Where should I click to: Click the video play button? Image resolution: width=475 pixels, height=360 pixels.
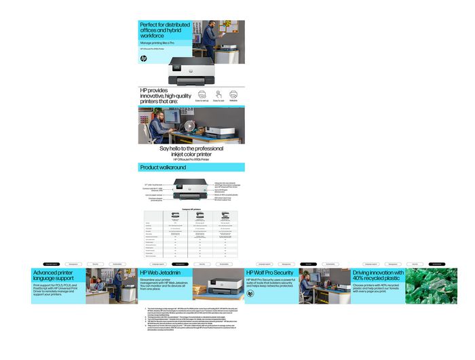pyautogui.click(x=189, y=125)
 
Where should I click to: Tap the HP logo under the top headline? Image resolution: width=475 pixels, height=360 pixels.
pyautogui.click(x=143, y=59)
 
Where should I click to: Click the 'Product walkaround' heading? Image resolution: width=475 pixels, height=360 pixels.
pyautogui.click(x=163, y=167)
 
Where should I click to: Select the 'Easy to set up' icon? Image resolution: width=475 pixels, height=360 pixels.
pyautogui.click(x=202, y=94)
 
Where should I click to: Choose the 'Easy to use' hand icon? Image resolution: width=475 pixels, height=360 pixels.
pyautogui.click(x=218, y=94)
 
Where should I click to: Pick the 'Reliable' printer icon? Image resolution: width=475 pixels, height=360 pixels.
pyautogui.click(x=233, y=94)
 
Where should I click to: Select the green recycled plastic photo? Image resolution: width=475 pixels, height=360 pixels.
pyautogui.click(x=432, y=285)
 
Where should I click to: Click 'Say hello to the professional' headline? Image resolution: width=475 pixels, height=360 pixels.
pyautogui.click(x=191, y=148)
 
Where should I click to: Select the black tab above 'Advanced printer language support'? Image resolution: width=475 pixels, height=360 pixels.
pyautogui.click(x=52, y=264)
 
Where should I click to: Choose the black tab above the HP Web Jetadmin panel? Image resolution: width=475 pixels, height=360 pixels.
pyautogui.click(x=180, y=264)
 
